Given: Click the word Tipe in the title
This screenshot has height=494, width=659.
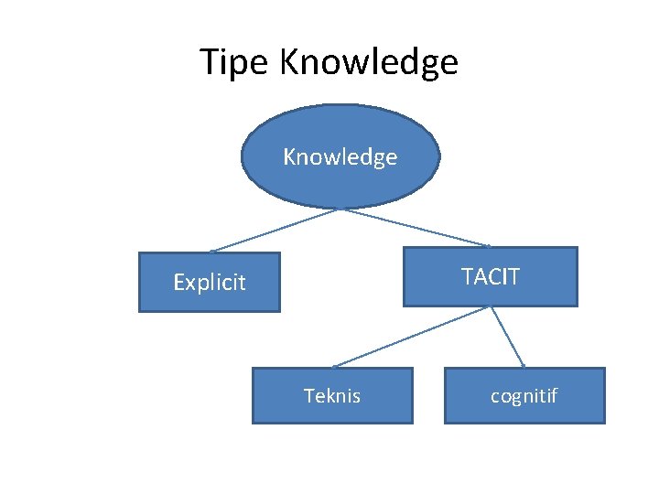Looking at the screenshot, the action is [x=235, y=63].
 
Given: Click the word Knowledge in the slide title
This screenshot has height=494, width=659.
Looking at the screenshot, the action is [x=368, y=63].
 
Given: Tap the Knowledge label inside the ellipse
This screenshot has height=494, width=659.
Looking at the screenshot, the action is [x=340, y=157].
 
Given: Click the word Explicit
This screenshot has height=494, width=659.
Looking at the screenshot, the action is [x=210, y=283].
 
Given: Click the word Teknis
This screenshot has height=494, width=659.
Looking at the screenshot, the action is [x=332, y=396].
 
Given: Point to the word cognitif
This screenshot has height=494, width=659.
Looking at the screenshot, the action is [x=524, y=396].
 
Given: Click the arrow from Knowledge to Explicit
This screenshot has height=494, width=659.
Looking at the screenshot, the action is [x=275, y=231].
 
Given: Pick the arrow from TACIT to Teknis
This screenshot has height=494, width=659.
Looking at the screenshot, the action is [x=412, y=337].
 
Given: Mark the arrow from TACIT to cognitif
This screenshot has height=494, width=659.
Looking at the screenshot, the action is [x=508, y=337].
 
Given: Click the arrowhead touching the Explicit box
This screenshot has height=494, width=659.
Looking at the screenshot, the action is [x=212, y=251].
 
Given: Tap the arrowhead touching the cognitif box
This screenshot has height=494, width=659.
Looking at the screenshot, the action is [x=524, y=365].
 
